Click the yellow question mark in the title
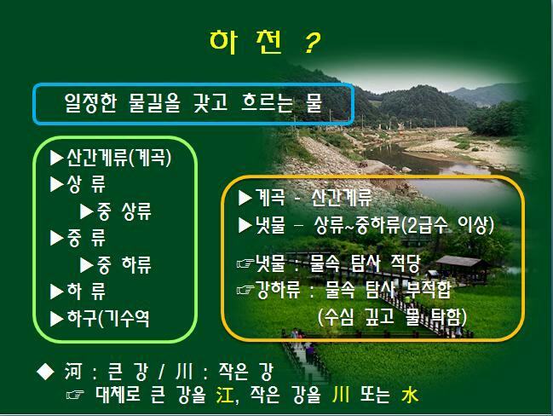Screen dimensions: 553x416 (x=312, y=43)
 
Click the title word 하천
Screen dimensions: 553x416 (x=246, y=43)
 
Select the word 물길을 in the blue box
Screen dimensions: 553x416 (x=154, y=102)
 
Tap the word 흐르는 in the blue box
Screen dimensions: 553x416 (x=268, y=102)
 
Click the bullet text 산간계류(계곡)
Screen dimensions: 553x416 (x=118, y=158)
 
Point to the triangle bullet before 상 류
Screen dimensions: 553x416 (x=56, y=184)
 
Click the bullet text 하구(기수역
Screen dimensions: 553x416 (x=108, y=319)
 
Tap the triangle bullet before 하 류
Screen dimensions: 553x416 (x=56, y=292)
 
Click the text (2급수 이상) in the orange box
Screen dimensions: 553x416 (x=448, y=225)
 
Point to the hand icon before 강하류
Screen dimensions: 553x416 (x=245, y=291)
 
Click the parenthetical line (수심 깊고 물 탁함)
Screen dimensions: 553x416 (x=392, y=316)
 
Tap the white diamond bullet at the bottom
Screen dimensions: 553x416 (x=45, y=371)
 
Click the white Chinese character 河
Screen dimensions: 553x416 (x=73, y=371)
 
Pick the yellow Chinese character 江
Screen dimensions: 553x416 (x=225, y=394)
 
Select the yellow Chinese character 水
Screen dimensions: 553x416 (x=410, y=395)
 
